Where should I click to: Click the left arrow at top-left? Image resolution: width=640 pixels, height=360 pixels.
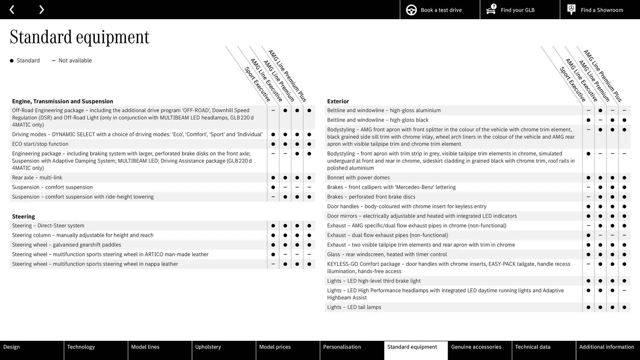pyautogui.click(x=12, y=10)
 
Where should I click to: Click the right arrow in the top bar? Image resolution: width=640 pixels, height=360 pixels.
pyautogui.click(x=41, y=10)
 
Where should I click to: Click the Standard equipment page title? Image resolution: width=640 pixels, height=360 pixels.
pyautogui.click(x=79, y=37)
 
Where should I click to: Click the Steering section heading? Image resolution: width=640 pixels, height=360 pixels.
pyautogui.click(x=23, y=216)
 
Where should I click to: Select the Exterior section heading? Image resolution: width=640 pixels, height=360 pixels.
pyautogui.click(x=338, y=101)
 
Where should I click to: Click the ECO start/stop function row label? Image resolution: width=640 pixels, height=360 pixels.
pyautogui.click(x=40, y=144)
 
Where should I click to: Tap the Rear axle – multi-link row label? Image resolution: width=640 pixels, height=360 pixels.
pyautogui.click(x=37, y=178)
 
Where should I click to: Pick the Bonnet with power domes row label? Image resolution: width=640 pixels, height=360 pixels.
pyautogui.click(x=358, y=178)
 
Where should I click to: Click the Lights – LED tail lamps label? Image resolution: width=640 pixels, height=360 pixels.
pyautogui.click(x=354, y=307)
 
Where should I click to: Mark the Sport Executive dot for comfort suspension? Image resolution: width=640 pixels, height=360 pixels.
pyautogui.click(x=273, y=187)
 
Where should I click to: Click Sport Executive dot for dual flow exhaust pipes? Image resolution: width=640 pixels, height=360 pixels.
pyautogui.click(x=588, y=235)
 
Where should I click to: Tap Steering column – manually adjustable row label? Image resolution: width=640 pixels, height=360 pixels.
pyautogui.click(x=83, y=235)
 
